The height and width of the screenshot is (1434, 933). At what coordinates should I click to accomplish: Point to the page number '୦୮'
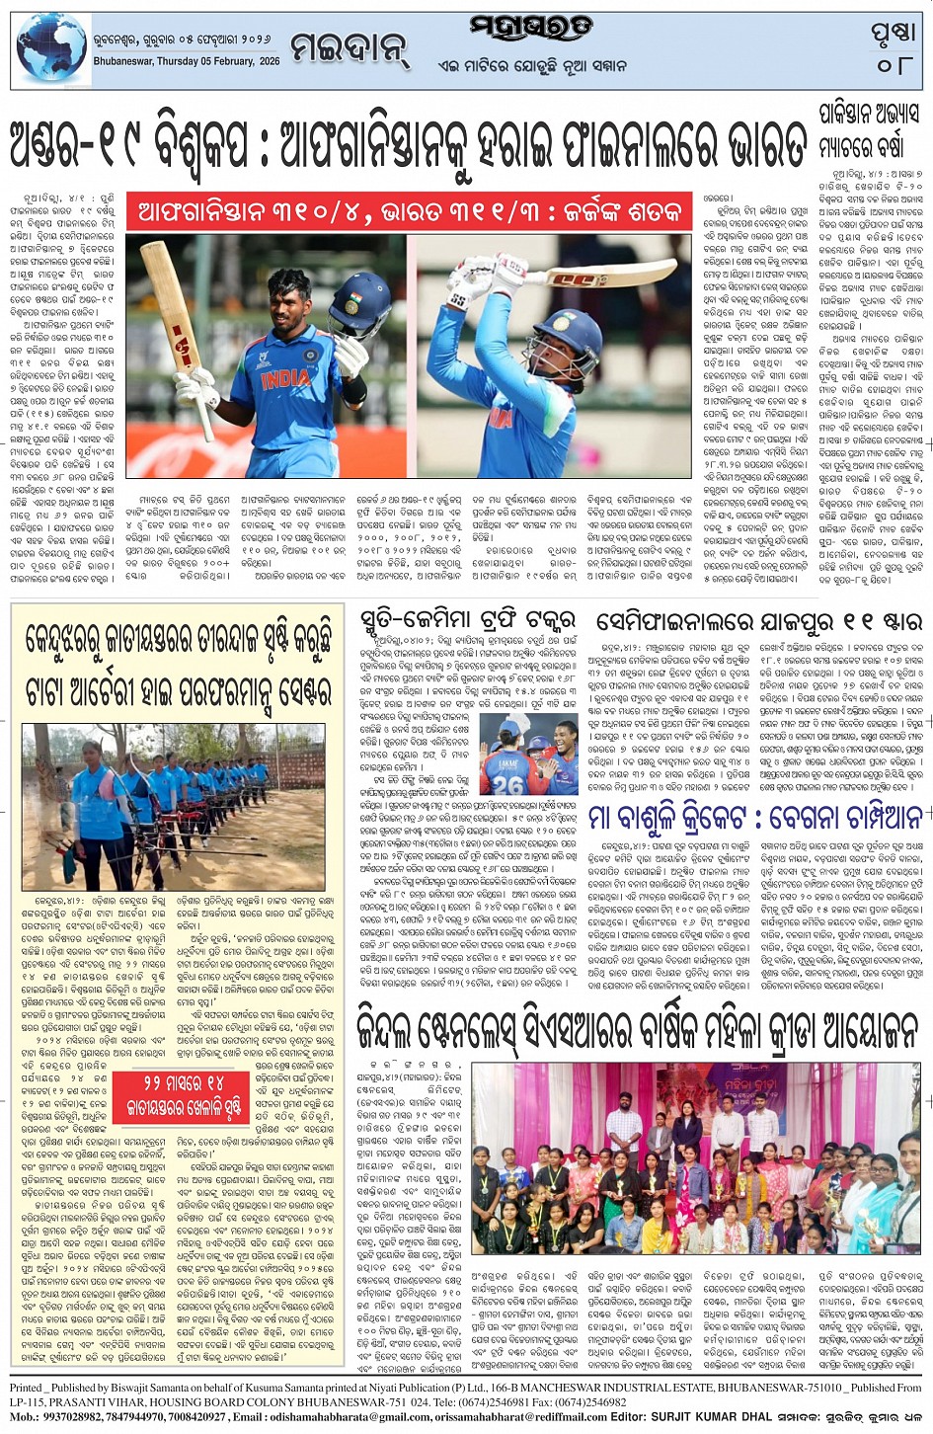click(894, 66)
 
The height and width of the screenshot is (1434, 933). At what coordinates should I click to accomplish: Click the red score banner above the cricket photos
click(410, 211)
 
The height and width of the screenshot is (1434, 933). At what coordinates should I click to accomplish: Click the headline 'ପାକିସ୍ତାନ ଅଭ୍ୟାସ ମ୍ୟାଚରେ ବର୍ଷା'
click(868, 129)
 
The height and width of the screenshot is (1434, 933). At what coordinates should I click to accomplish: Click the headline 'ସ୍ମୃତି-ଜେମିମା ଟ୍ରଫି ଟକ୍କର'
click(467, 622)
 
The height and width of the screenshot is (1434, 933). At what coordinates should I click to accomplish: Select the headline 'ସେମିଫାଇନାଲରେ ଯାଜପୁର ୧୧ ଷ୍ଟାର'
click(759, 622)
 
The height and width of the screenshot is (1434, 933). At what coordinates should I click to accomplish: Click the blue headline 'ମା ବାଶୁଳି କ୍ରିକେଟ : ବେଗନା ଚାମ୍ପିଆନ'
click(755, 818)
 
